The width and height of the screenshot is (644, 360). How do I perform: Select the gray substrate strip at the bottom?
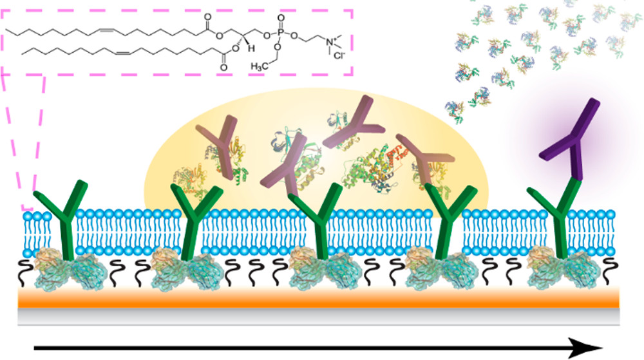(x=322, y=314)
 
